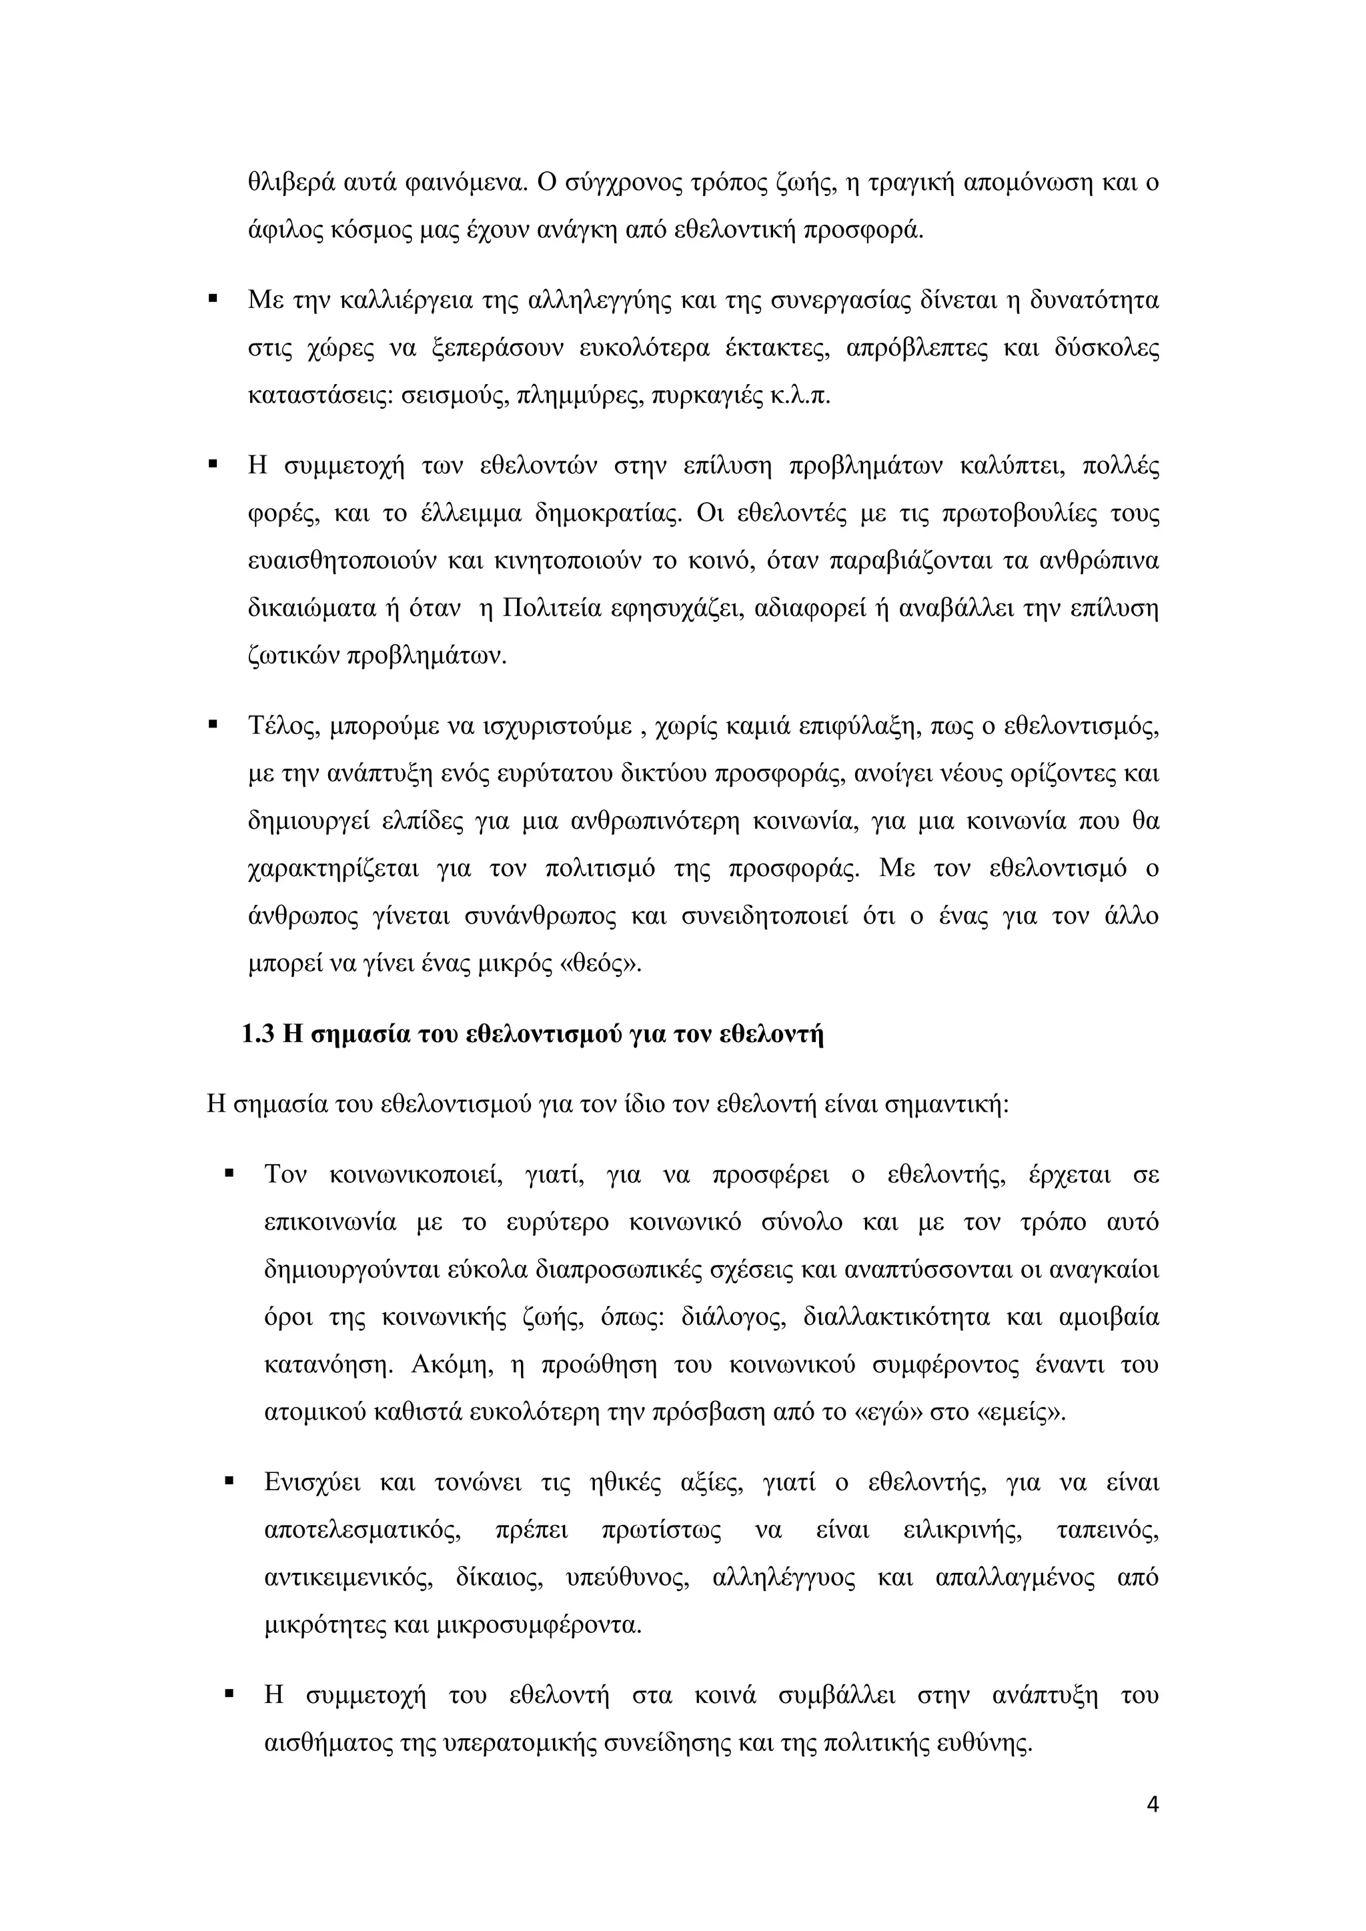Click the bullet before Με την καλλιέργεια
coord(213,299)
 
